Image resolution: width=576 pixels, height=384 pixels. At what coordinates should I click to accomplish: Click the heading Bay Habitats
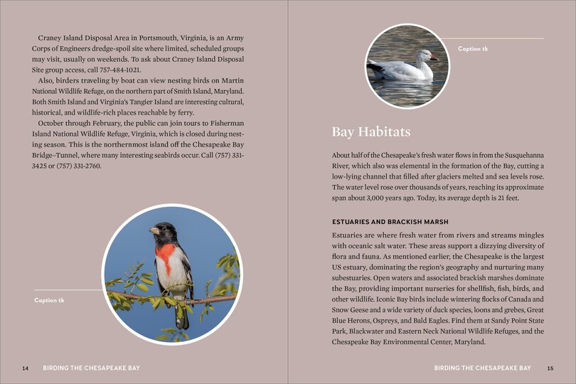370,133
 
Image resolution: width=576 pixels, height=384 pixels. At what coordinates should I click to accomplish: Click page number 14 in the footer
26,368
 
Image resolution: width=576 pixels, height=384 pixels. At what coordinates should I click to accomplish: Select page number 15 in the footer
550,368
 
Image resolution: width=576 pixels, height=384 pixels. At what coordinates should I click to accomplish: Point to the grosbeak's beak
153,230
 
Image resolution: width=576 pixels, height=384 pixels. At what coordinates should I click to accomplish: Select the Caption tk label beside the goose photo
473,48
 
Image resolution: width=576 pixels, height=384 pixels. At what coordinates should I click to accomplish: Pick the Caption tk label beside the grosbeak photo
49,300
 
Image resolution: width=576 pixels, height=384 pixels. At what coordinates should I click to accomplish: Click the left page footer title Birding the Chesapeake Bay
91,368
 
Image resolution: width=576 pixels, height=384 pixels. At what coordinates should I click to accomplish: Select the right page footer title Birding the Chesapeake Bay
482,368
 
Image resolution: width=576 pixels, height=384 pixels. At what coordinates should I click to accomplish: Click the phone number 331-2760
84,166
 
